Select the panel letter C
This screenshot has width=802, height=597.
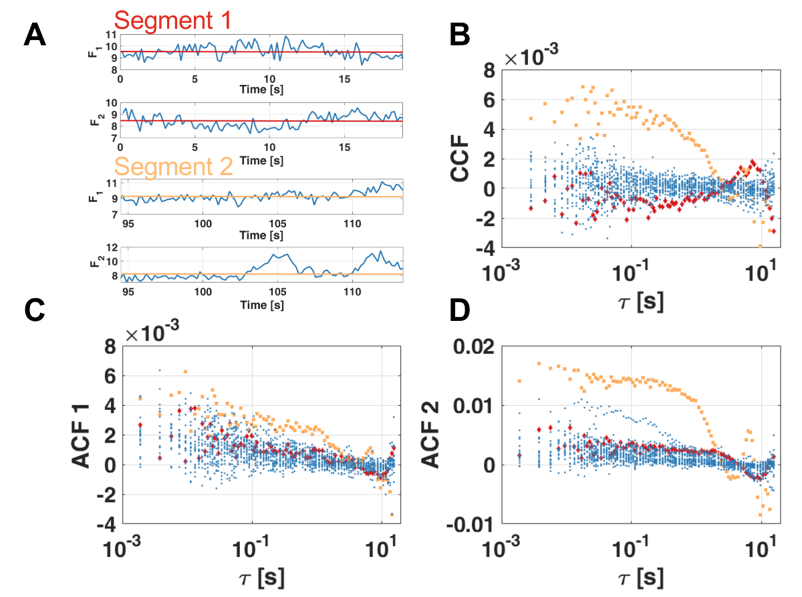34,309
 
